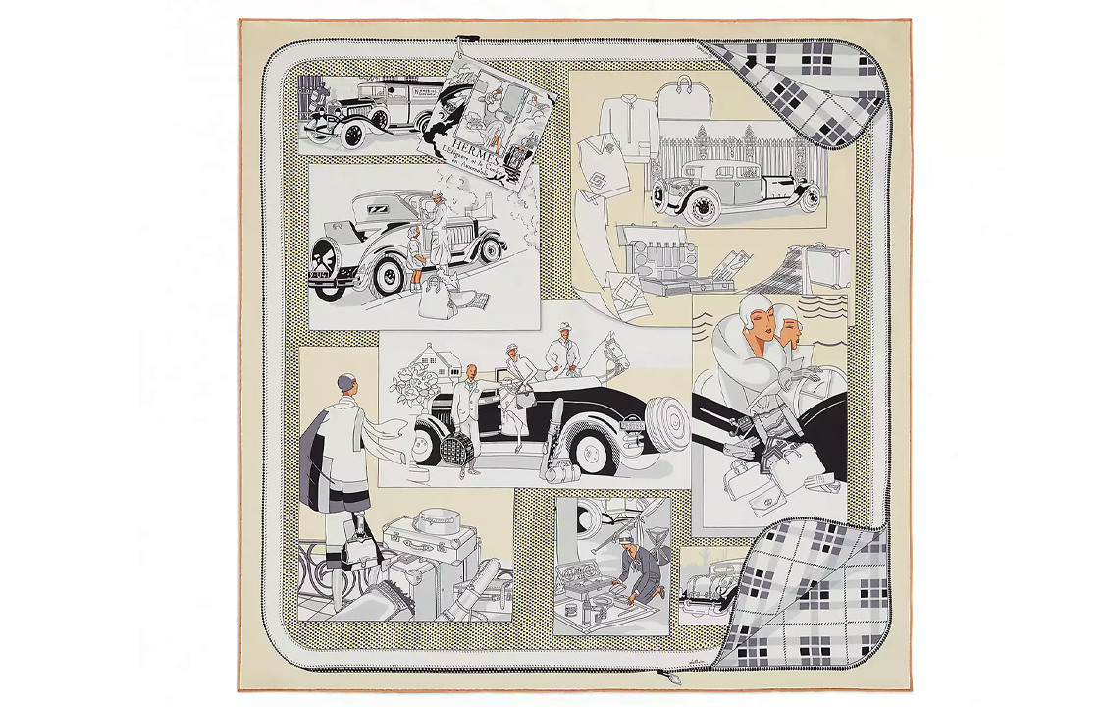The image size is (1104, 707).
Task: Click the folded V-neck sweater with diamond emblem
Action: click(x=606, y=160)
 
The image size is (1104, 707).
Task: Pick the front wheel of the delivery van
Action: click(x=354, y=132)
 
